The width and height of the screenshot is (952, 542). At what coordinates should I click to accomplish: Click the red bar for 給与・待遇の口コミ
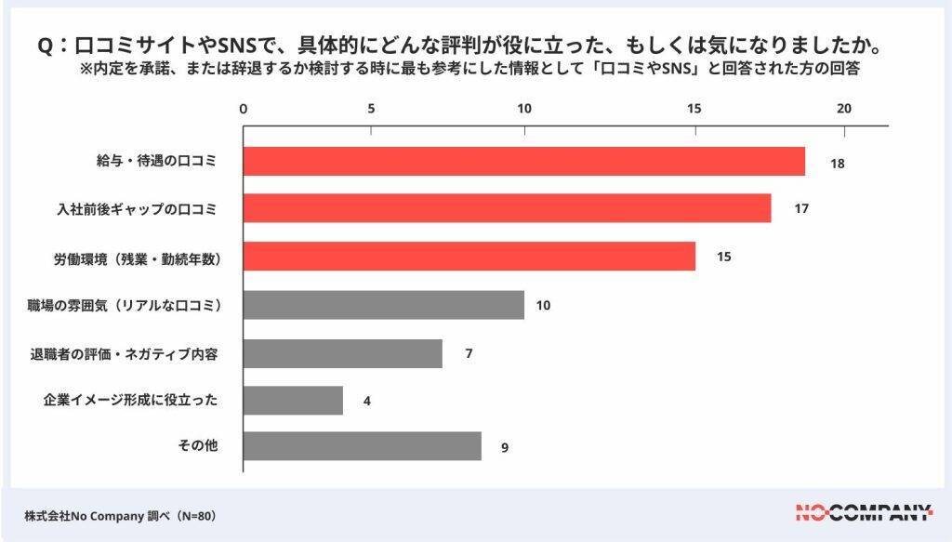point(523,162)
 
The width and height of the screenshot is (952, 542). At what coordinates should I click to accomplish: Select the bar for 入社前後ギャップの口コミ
point(507,208)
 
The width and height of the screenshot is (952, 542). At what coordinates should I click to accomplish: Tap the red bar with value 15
point(469,256)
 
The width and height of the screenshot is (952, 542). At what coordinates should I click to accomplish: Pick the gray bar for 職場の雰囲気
point(383,304)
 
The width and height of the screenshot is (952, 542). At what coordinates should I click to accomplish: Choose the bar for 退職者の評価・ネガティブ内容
point(342,353)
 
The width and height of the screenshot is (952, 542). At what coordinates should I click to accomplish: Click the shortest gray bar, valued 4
point(293,401)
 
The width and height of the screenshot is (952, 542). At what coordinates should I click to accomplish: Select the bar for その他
point(362,446)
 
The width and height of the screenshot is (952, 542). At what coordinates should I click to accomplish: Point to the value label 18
point(837,163)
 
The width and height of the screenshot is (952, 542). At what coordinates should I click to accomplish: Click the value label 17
point(801,208)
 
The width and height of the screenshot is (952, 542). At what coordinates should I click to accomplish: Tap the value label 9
point(505,447)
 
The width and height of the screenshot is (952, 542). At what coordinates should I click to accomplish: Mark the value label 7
point(469,353)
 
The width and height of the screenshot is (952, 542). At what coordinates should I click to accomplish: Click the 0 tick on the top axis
point(244,109)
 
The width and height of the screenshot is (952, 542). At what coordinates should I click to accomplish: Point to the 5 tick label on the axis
point(371,109)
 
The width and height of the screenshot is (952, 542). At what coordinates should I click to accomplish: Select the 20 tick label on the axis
point(844,109)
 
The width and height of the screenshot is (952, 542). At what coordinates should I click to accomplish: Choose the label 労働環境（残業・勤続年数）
point(138,257)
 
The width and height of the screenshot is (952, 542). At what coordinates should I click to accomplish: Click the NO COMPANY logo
point(864,510)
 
